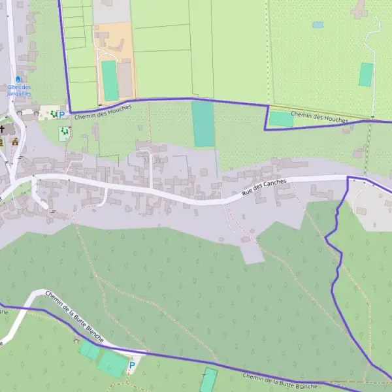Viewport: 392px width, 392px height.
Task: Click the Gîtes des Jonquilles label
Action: (20, 90)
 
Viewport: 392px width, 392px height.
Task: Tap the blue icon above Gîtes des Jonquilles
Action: (18, 79)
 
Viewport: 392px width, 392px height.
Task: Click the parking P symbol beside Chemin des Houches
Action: (62, 115)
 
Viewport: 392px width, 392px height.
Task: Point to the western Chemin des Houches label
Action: (103, 112)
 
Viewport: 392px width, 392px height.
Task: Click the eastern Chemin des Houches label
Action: (319, 118)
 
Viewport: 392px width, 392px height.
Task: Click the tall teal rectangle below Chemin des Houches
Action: (203, 124)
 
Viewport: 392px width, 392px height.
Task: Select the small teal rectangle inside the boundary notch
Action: (282, 119)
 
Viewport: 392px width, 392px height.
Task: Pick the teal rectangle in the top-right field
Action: (366, 74)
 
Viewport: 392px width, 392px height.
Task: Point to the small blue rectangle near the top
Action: (318, 25)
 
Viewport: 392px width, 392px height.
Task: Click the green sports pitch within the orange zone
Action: (110, 80)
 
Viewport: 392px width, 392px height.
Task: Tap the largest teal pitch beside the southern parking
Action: (113, 364)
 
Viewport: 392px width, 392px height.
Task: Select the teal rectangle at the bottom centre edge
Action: (208, 380)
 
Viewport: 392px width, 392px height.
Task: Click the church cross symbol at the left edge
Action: (2, 129)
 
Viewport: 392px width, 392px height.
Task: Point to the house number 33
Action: (147, 159)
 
